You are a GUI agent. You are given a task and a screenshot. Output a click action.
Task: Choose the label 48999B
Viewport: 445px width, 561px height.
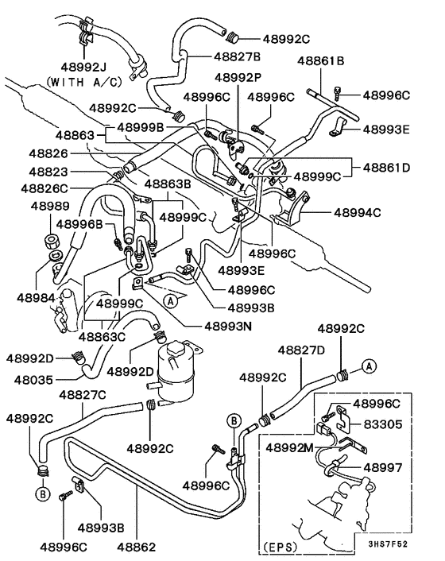pyautogui.click(x=140, y=126)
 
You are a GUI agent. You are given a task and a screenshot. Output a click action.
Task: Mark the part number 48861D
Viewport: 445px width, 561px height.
pyautogui.click(x=386, y=168)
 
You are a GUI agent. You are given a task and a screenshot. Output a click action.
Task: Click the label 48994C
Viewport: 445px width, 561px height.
pyautogui.click(x=358, y=212)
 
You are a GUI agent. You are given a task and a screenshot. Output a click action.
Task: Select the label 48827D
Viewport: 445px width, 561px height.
pyautogui.click(x=299, y=350)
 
